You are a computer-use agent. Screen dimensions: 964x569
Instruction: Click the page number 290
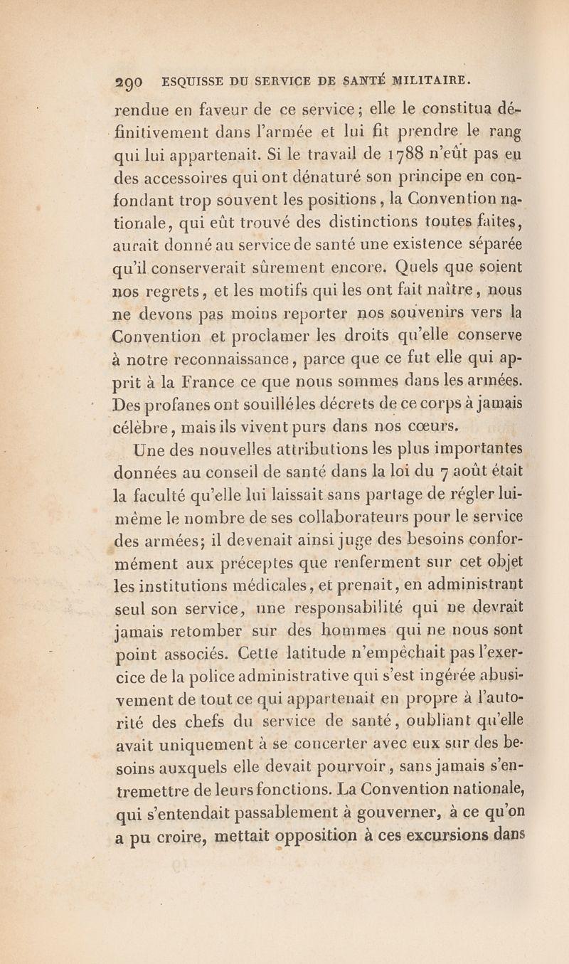point(127,80)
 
